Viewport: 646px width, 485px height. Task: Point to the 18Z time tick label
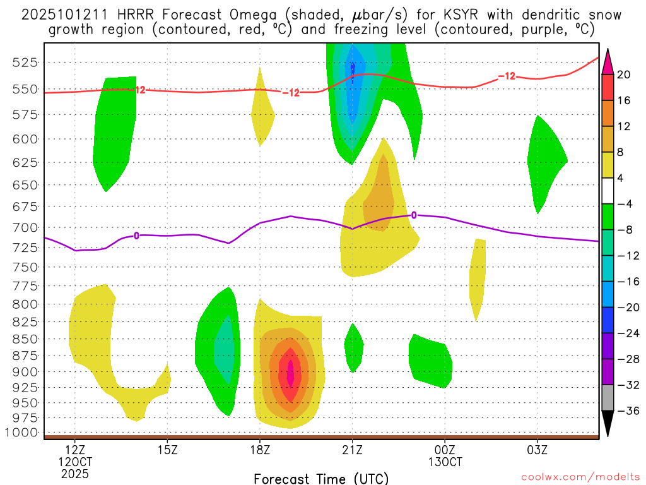coord(260,450)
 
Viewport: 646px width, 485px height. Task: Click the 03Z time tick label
coord(537,450)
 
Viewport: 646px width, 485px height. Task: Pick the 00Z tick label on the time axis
coord(445,450)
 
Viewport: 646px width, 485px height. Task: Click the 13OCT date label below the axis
coord(445,462)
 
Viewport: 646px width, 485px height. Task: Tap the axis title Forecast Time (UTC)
coord(321,478)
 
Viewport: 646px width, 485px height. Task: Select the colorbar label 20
coord(625,75)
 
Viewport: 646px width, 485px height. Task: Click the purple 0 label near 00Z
coord(414,215)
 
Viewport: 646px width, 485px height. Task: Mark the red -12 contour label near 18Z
coord(291,93)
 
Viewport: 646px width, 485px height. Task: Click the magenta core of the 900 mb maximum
coord(291,372)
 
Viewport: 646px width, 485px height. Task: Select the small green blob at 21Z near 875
coord(353,347)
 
